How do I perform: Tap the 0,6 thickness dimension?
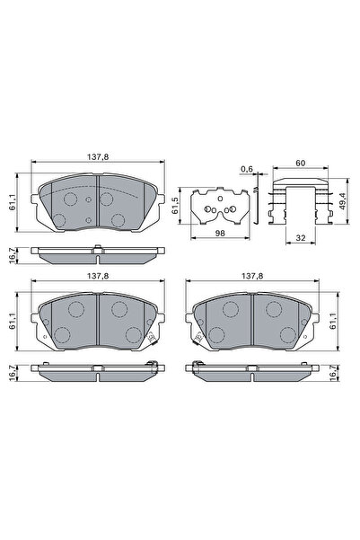pos(247,168)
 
